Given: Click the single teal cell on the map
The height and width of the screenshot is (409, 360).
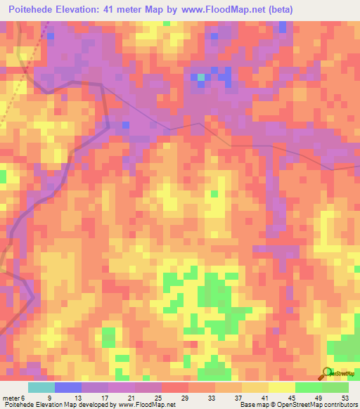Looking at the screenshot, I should [x=201, y=77].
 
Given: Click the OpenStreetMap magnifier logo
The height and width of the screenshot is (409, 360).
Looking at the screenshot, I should [x=326, y=372].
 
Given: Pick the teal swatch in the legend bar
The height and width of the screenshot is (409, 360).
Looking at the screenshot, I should [x=41, y=387].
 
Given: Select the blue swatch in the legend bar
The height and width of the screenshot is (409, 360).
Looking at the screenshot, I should [x=68, y=387].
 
